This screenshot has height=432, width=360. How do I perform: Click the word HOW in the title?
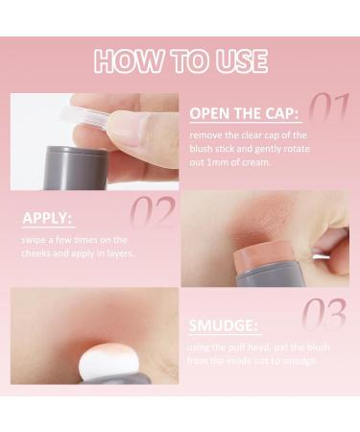click(128, 61)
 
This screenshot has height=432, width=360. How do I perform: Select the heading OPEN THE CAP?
click(244, 113)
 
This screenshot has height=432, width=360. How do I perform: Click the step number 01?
click(328, 108)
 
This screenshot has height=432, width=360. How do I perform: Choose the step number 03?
click(324, 314)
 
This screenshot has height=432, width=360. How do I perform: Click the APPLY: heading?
click(47, 218)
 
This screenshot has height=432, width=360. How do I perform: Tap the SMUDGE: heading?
click(223, 325)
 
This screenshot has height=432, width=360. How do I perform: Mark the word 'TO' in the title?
click(189, 61)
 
